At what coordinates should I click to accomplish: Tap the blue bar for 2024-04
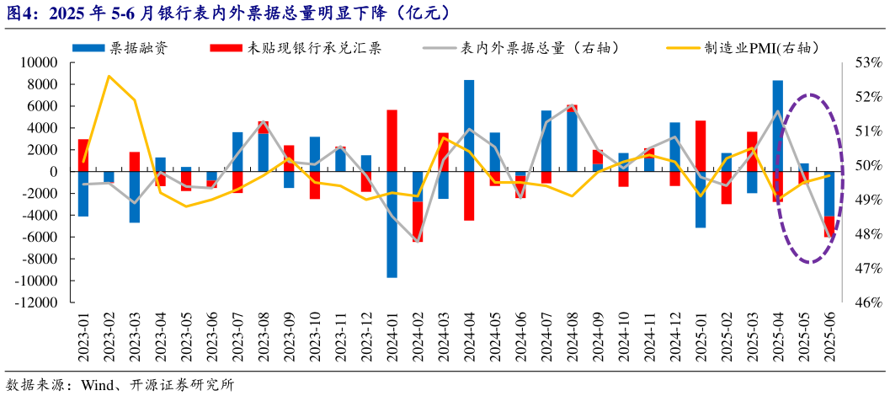pyautogui.click(x=469, y=126)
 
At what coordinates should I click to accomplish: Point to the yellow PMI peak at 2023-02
pyautogui.click(x=109, y=77)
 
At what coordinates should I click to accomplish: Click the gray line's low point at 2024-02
pyautogui.click(x=418, y=241)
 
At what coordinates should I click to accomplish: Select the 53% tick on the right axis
pyautogui.click(x=866, y=63)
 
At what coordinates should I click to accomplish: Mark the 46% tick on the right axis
pyautogui.click(x=866, y=302)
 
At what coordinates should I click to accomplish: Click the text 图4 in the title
pyautogui.click(x=21, y=12)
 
